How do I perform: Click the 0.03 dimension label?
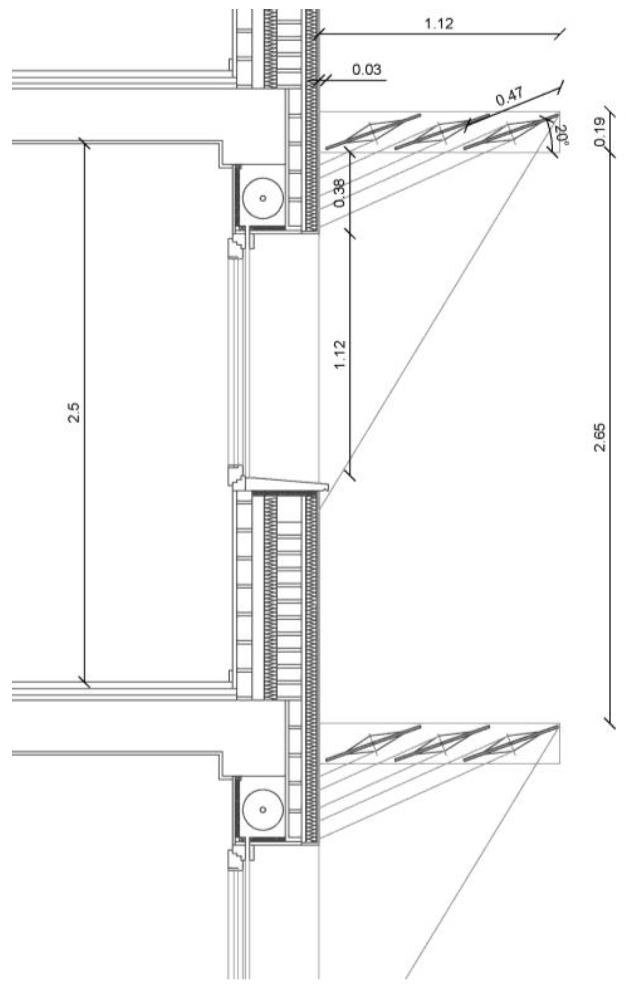(367, 69)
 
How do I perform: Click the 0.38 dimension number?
(339, 193)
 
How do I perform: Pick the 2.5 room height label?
(74, 412)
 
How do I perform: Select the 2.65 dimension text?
(599, 437)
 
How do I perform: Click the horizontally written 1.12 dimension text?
(439, 24)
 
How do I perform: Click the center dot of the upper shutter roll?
(263, 198)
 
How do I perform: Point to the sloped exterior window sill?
(285, 483)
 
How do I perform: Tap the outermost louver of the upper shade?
(511, 131)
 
